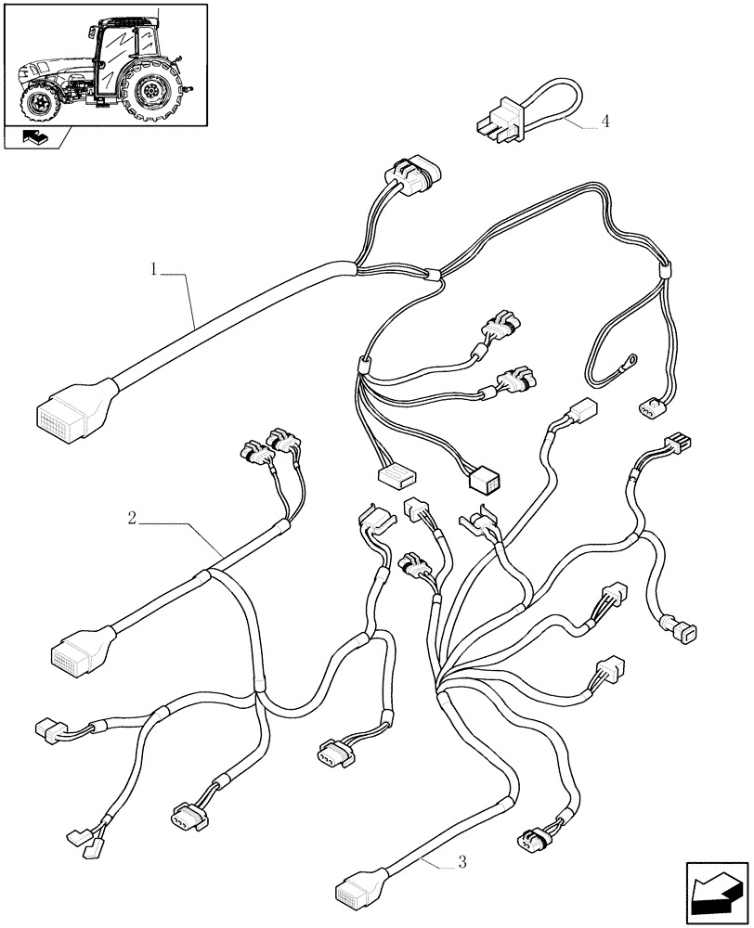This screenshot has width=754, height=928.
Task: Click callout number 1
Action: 155,269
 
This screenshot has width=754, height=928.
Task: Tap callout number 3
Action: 461,863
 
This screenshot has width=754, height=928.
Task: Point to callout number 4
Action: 604,122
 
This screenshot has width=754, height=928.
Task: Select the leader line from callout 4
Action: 581,124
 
